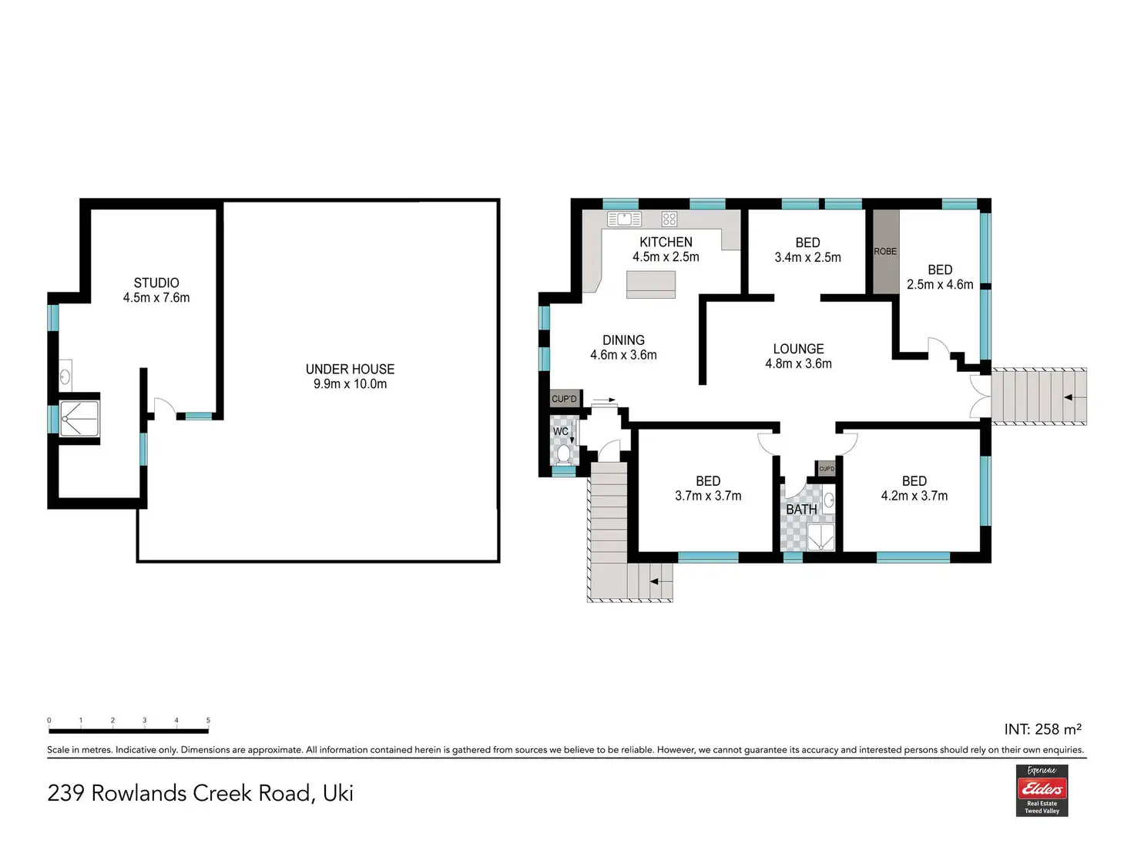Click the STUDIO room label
tap(156, 283)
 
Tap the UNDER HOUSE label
tap(350, 369)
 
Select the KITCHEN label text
tap(666, 242)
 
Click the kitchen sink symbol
tap(624, 219)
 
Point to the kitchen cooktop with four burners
tap(669, 219)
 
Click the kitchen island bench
tap(650, 285)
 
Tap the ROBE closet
tap(885, 251)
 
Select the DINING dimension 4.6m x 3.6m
tap(623, 355)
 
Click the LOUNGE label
tap(798, 348)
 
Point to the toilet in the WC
tap(563, 454)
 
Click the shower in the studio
tap(79, 419)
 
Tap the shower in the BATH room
tap(820, 537)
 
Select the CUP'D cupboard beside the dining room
tap(564, 398)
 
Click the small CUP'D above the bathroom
tap(827, 469)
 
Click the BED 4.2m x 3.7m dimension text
tap(914, 495)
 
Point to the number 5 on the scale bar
tap(208, 720)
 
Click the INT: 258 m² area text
tap(1042, 728)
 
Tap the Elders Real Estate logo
tap(1042, 790)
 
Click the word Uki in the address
tap(338, 793)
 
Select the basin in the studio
tap(65, 376)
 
